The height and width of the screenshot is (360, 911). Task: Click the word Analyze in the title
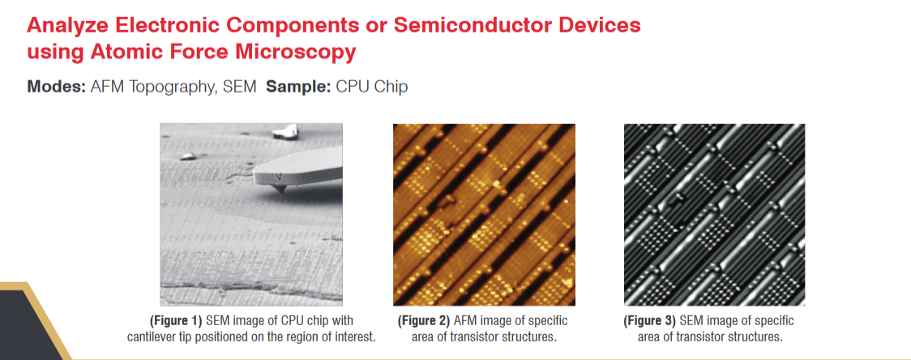[x=65, y=26]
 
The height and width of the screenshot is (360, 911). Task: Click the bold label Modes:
[x=56, y=88]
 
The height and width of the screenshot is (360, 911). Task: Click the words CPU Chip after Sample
[x=370, y=88]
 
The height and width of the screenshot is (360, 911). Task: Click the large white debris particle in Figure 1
[x=285, y=131]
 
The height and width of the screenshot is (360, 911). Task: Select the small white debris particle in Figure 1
[x=188, y=156]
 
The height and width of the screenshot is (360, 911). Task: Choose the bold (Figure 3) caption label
[x=649, y=321]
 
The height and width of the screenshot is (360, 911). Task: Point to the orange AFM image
[x=484, y=215]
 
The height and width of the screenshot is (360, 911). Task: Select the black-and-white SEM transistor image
[x=714, y=215]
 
